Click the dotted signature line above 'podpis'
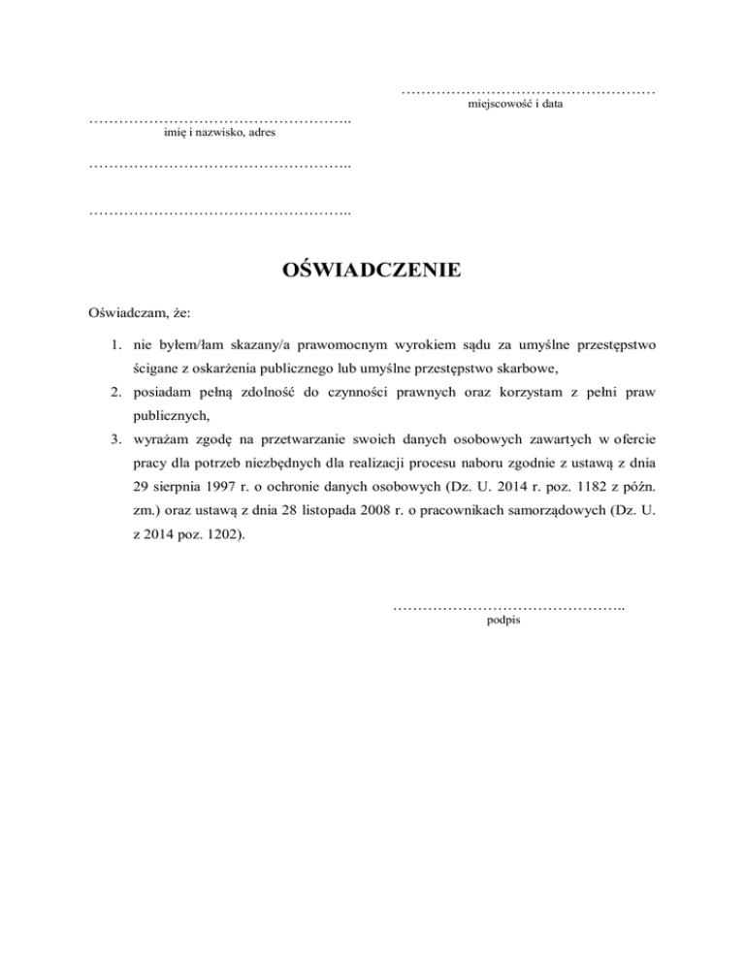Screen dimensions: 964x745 (508, 607)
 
